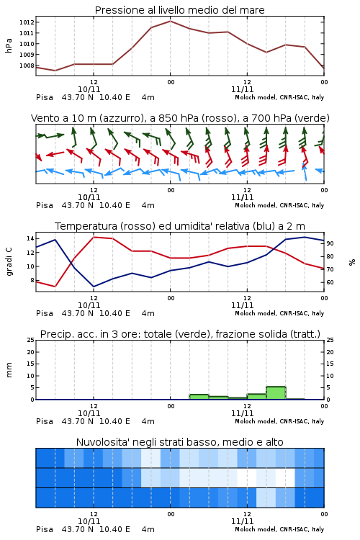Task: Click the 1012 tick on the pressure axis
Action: pos(27,22)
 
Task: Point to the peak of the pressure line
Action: pos(170,21)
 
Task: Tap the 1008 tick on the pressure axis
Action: pos(27,66)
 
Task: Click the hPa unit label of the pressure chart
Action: pos(9,45)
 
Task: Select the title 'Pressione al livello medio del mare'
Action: pos(180,10)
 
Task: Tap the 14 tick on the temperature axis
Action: pos(30,238)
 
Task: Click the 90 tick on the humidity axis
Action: pos(330,243)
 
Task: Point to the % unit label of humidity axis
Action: pos(352,262)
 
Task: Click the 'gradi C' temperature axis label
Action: pos(9,262)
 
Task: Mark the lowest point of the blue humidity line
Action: pos(94,287)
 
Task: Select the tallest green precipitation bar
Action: pos(276,393)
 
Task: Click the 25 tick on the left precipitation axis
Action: pos(31,340)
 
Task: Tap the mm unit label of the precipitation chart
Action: pos(9,370)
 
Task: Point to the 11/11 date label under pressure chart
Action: pos(242,89)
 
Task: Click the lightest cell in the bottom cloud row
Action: pos(266,498)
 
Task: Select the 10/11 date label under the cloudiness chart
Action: pos(89,521)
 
